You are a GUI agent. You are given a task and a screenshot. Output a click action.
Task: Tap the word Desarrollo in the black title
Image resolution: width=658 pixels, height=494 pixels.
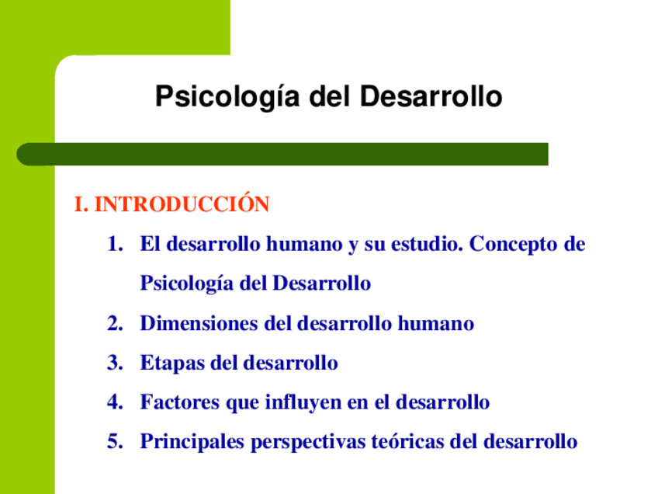coord(431,96)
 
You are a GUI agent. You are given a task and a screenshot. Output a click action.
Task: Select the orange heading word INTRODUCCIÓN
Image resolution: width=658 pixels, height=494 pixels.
coord(182,204)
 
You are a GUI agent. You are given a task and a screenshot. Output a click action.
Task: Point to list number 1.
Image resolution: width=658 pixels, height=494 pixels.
coord(115,244)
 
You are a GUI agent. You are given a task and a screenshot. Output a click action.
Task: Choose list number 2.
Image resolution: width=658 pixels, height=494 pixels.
coord(115,323)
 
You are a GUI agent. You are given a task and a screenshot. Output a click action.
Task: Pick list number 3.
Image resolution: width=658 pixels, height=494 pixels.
coord(115,363)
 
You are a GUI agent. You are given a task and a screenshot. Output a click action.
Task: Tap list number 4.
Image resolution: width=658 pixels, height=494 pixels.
coord(115,402)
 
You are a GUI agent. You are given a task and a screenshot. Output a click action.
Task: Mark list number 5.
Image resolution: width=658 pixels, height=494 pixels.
coord(115,441)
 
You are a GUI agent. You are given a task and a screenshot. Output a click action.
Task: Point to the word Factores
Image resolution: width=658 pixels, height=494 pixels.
coord(179,402)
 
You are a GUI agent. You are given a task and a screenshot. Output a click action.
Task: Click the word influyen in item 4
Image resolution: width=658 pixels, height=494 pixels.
coord(303,402)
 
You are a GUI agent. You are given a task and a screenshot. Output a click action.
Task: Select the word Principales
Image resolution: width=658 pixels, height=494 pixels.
coord(192,442)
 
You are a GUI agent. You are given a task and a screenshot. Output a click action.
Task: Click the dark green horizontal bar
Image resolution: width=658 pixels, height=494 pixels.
coord(282,154)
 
